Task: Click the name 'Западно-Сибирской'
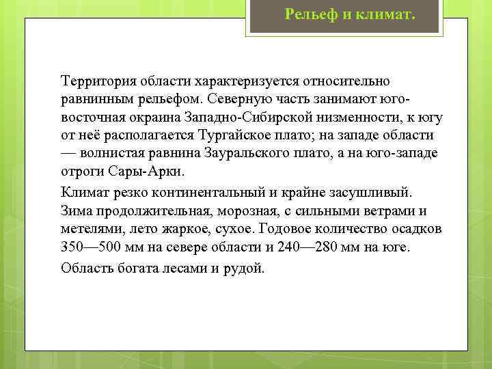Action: pos(244,117)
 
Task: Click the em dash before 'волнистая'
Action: pos(69,152)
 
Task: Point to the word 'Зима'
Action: pos(75,210)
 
